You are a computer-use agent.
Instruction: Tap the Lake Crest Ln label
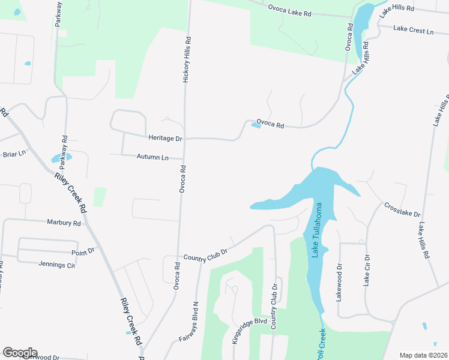click(413, 29)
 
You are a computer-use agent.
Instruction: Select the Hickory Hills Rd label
click(188, 59)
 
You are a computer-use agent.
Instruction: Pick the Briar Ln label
click(14, 154)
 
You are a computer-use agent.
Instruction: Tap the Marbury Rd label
click(64, 223)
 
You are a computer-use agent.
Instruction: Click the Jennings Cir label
click(56, 265)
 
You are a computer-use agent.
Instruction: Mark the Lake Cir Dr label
click(367, 271)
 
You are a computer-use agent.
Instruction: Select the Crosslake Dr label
click(402, 209)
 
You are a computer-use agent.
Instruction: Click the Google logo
click(20, 352)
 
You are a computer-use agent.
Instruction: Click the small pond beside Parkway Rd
click(61, 158)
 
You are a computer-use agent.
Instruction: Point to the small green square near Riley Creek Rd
click(100, 197)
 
